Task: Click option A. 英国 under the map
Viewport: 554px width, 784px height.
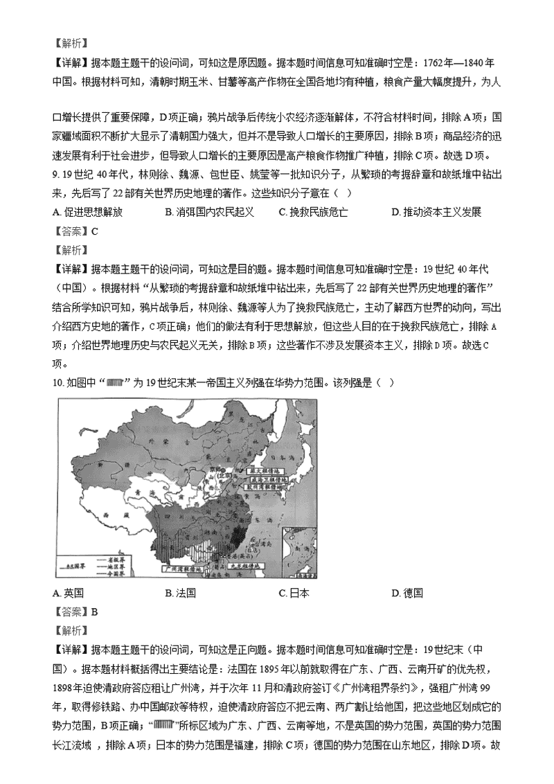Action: tap(68, 593)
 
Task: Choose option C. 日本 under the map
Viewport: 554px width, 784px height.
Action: tap(294, 593)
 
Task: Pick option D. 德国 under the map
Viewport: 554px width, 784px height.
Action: tap(406, 593)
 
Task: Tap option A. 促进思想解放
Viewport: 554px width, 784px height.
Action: tap(91, 212)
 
